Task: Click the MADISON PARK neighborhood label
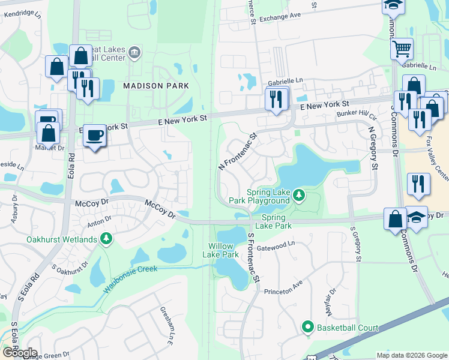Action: click(156, 86)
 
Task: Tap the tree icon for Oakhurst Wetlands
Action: click(106, 239)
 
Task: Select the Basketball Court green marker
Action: click(308, 327)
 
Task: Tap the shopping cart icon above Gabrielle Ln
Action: click(402, 48)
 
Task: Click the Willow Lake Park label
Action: click(223, 250)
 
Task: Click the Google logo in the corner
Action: click(19, 353)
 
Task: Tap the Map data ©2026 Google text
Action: click(411, 355)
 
